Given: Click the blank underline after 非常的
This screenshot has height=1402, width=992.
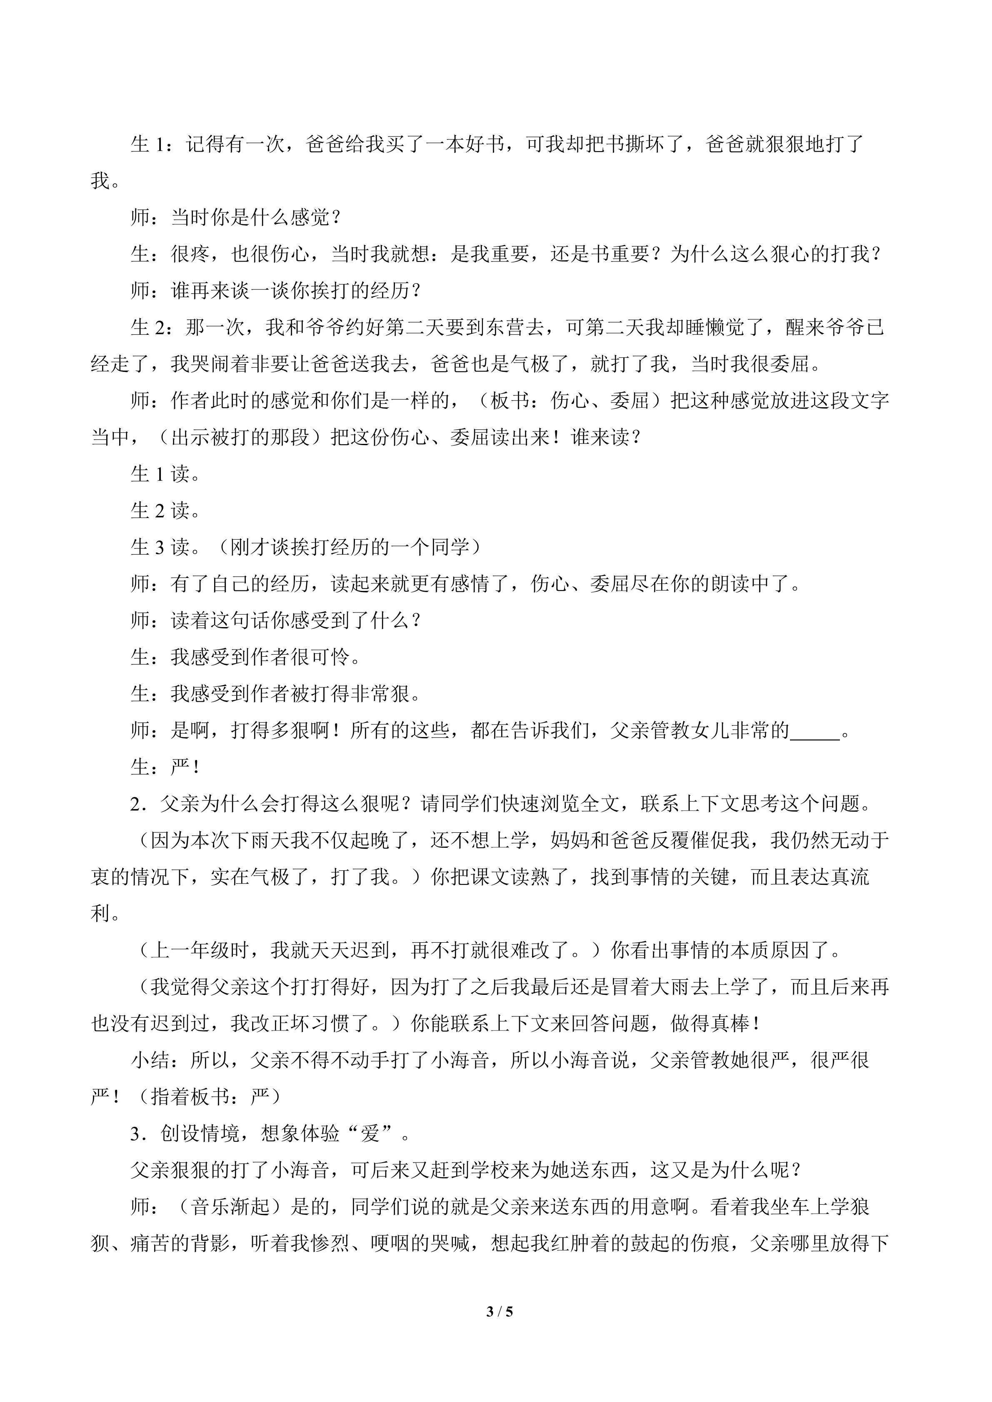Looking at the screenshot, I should [x=815, y=731].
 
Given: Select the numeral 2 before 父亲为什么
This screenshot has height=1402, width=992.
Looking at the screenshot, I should [x=135, y=804].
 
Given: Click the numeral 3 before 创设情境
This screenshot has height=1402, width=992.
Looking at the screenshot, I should [x=135, y=1134].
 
